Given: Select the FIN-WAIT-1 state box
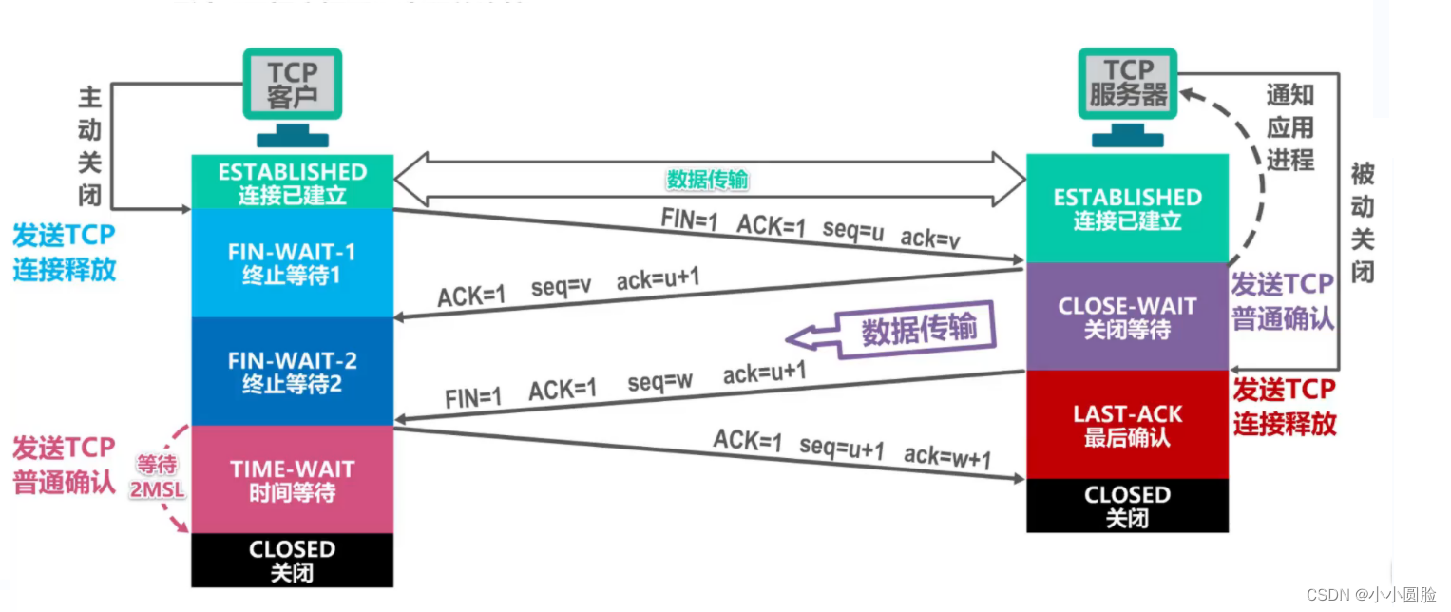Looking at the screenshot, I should click(x=292, y=263).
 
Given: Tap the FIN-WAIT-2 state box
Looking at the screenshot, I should click(x=292, y=372).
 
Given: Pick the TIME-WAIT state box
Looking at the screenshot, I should click(x=292, y=480).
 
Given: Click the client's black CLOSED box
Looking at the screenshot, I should click(x=292, y=561).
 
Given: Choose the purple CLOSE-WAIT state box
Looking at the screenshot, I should click(x=1128, y=317).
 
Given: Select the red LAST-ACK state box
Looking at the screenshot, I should click(x=1128, y=425).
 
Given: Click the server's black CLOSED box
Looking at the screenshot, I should click(x=1128, y=506).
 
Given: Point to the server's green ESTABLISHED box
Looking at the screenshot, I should click(x=1128, y=208).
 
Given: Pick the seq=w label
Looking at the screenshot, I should click(x=659, y=382).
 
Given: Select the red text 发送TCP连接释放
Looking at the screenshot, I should click(x=1284, y=406).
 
